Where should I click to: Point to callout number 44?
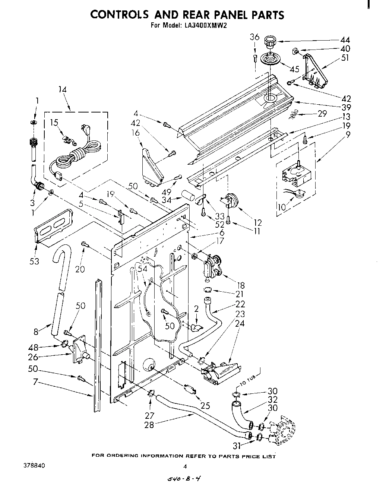click(345, 40)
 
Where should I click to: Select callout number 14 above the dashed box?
click(62, 89)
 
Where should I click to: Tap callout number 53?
click(35, 261)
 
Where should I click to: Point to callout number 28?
click(149, 424)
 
